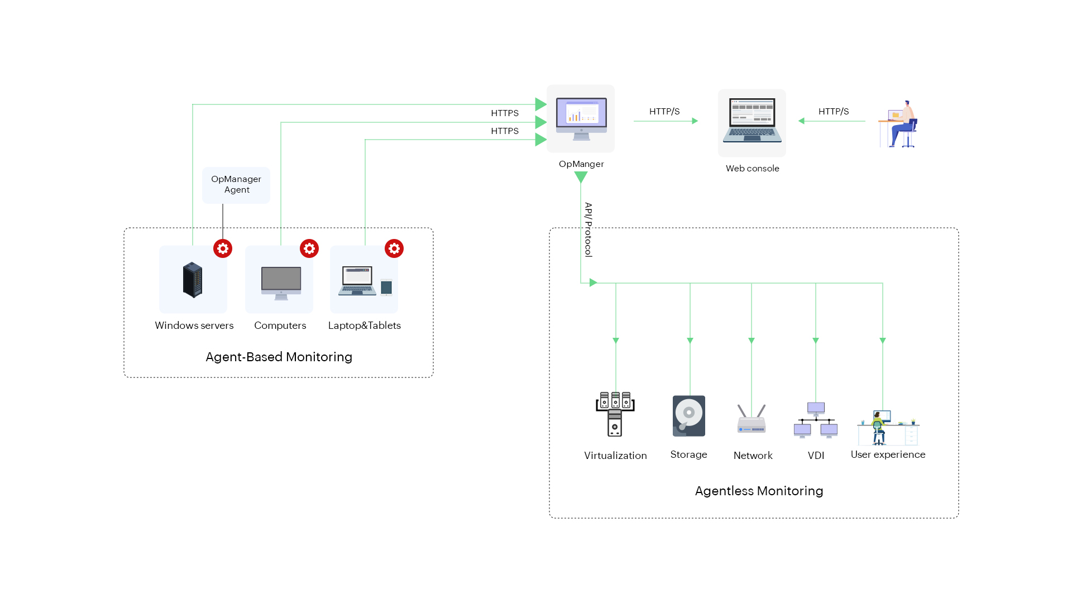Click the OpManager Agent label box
tap(236, 185)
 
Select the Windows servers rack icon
tap(193, 280)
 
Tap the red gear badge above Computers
tap(309, 248)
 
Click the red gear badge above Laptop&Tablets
tap(394, 248)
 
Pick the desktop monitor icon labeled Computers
tap(281, 282)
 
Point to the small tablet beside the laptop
tap(386, 287)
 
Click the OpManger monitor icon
tap(581, 119)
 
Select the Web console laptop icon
tap(752, 121)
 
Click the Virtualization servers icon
tap(615, 414)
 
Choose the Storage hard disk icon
tap(689, 416)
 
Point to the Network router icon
tap(752, 420)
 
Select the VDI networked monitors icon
tap(816, 420)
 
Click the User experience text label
tap(888, 454)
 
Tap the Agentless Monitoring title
tap(759, 491)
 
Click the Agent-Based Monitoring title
tap(279, 357)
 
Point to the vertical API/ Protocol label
tap(588, 229)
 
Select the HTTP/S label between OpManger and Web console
tap(664, 112)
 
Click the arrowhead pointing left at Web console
tap(802, 121)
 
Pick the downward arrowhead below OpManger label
tap(581, 177)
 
